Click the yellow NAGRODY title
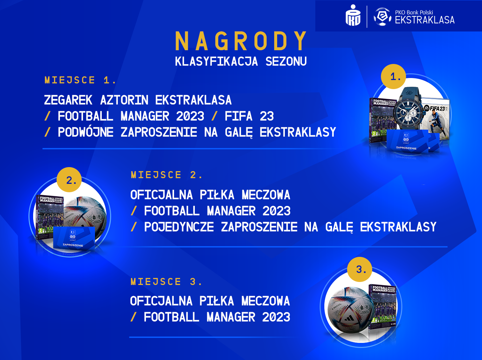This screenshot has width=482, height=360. point(241,41)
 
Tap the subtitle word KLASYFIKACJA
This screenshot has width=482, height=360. point(216,62)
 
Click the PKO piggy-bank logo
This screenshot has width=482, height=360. point(353,15)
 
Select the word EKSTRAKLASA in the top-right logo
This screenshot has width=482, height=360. point(425,20)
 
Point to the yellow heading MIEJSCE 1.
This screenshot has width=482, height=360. point(80,80)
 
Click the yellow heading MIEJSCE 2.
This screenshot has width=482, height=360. point(167,175)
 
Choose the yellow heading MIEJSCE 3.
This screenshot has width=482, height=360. point(166,282)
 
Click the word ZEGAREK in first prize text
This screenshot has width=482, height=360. point(68,100)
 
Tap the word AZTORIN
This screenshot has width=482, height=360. point(124,100)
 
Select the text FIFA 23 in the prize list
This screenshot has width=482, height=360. point(249,116)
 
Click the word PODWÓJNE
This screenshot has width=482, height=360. point(86,132)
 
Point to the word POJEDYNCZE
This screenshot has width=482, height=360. point(179,227)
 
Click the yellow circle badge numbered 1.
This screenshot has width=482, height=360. point(393,76)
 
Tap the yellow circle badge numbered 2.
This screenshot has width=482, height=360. point(69,180)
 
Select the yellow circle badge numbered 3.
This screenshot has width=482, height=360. point(360,269)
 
